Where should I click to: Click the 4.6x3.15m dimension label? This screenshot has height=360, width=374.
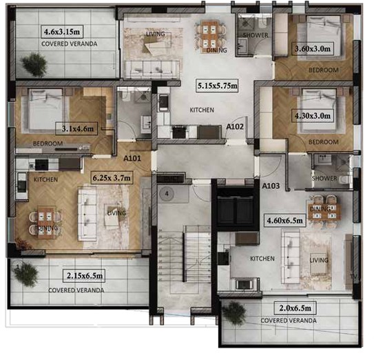coord(62,32)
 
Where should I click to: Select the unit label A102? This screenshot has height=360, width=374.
coord(235,127)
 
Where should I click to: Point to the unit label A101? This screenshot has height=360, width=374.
coord(132,159)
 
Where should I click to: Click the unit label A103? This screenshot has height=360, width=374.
coord(270,186)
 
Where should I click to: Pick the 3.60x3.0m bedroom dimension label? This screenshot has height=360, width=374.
coord(313,49)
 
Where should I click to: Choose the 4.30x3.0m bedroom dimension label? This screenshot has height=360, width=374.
coord(312,116)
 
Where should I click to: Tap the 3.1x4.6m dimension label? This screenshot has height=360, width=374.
coord(76,128)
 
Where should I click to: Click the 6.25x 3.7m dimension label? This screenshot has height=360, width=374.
coord(116,177)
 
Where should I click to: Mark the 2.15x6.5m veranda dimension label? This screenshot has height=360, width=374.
coord(85,276)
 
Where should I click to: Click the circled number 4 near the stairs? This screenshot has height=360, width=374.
coord(167,194)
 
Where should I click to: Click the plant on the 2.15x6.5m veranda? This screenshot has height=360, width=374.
coord(25,274)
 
